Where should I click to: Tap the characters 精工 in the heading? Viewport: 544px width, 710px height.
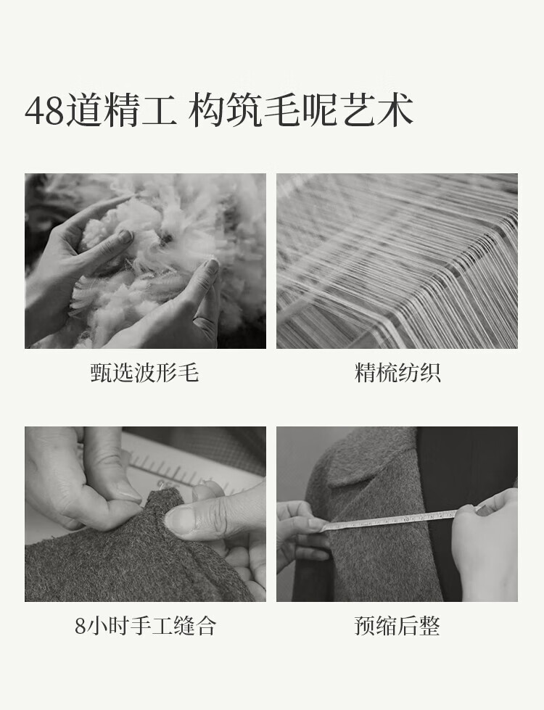point(141,110)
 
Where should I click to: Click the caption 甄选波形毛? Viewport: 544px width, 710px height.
point(145,372)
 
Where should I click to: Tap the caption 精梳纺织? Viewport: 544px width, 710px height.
point(397,372)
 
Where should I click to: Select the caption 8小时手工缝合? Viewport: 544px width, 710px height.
point(145,625)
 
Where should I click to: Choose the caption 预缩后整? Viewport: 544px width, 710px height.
point(397,625)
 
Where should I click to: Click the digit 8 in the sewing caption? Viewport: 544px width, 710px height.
point(81,626)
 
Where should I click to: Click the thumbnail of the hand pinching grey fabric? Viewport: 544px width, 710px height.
point(145,514)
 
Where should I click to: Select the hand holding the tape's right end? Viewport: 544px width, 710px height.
point(485,543)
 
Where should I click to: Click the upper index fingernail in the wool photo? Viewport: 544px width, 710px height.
point(125,236)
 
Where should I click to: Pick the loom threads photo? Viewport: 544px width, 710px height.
point(397,261)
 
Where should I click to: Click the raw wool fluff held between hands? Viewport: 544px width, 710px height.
point(154,254)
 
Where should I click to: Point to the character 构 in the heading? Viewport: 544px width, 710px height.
point(206,110)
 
